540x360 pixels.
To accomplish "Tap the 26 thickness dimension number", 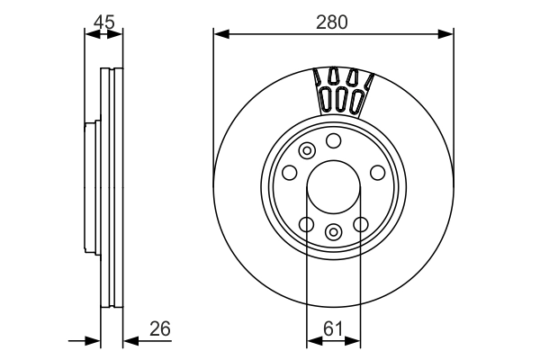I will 161,328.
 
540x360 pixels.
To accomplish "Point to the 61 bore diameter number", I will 334,328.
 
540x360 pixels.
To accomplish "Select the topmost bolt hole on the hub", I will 334,140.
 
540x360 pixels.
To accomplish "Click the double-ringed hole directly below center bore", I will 334,232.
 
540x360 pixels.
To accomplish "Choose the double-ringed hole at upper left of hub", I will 307,150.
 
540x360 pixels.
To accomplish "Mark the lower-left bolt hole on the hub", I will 306,224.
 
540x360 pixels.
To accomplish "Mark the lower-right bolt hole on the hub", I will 361,224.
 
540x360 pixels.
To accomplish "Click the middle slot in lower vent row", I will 341,98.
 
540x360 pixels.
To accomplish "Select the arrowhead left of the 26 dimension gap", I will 94,340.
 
